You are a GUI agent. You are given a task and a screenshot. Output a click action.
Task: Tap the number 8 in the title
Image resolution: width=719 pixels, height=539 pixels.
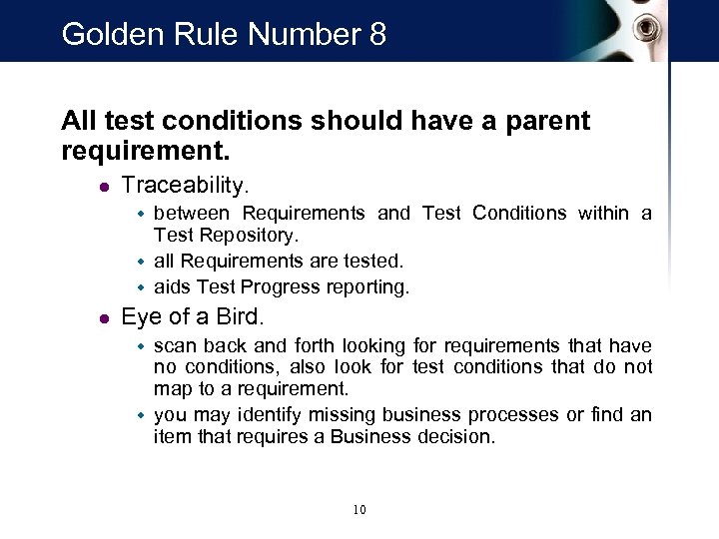(x=376, y=35)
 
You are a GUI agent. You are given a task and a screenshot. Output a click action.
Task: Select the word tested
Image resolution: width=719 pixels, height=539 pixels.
(x=371, y=263)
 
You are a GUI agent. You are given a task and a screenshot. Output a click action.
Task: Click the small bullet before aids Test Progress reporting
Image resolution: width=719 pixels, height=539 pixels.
(x=141, y=287)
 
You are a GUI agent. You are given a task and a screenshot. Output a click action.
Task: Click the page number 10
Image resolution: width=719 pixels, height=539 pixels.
(x=359, y=510)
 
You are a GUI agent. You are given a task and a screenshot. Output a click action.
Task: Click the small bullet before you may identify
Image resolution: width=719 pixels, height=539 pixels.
(x=141, y=415)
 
